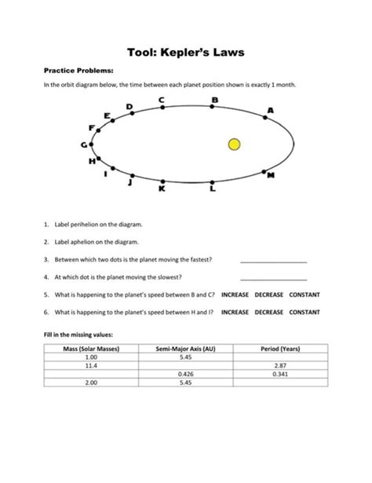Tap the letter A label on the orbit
point(270,109)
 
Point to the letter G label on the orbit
point(84,145)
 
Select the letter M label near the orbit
point(271,176)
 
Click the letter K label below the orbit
point(162,190)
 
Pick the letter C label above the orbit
point(162,100)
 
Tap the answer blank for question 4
point(273,277)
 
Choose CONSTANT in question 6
point(309,311)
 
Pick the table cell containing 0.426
point(186,375)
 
